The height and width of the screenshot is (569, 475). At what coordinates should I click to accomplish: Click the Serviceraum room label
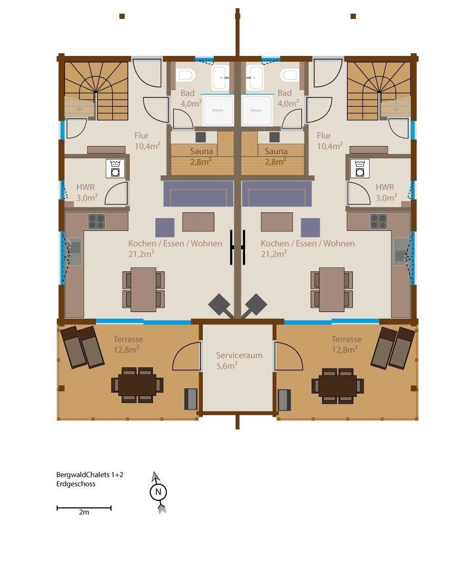point(239,355)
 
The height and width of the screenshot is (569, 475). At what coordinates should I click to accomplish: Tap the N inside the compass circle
point(158,492)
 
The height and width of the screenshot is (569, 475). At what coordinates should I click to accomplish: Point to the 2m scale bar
point(84,508)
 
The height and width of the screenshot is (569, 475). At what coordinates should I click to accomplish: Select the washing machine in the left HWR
point(115,169)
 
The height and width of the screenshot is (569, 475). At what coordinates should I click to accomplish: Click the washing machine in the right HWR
point(360,169)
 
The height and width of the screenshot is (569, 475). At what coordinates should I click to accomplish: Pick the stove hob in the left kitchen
point(96,221)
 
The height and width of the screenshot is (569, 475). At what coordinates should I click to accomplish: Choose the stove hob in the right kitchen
point(379,221)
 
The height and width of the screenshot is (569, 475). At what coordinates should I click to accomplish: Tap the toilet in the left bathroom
point(185,75)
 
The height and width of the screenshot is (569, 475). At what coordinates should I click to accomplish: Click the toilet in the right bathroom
point(290,75)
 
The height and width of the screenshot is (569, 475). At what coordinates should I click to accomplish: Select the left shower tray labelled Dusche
point(218,110)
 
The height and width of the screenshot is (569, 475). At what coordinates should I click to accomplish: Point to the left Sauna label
point(201,151)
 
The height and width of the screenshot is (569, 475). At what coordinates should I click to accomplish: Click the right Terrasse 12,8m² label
point(346,344)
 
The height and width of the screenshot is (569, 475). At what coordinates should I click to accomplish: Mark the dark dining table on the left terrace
point(137,385)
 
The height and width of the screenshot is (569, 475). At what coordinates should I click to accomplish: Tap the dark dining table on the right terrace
point(338,386)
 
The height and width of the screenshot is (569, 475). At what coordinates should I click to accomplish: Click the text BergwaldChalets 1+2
point(90,475)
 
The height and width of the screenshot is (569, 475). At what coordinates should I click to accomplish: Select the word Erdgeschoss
point(76,484)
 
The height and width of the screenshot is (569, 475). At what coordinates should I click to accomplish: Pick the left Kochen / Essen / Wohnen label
point(175,243)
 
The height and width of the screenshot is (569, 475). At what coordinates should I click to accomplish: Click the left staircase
point(96,91)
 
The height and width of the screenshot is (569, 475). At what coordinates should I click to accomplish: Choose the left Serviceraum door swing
point(187,356)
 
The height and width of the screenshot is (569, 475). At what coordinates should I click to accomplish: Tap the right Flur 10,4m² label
point(330,141)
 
